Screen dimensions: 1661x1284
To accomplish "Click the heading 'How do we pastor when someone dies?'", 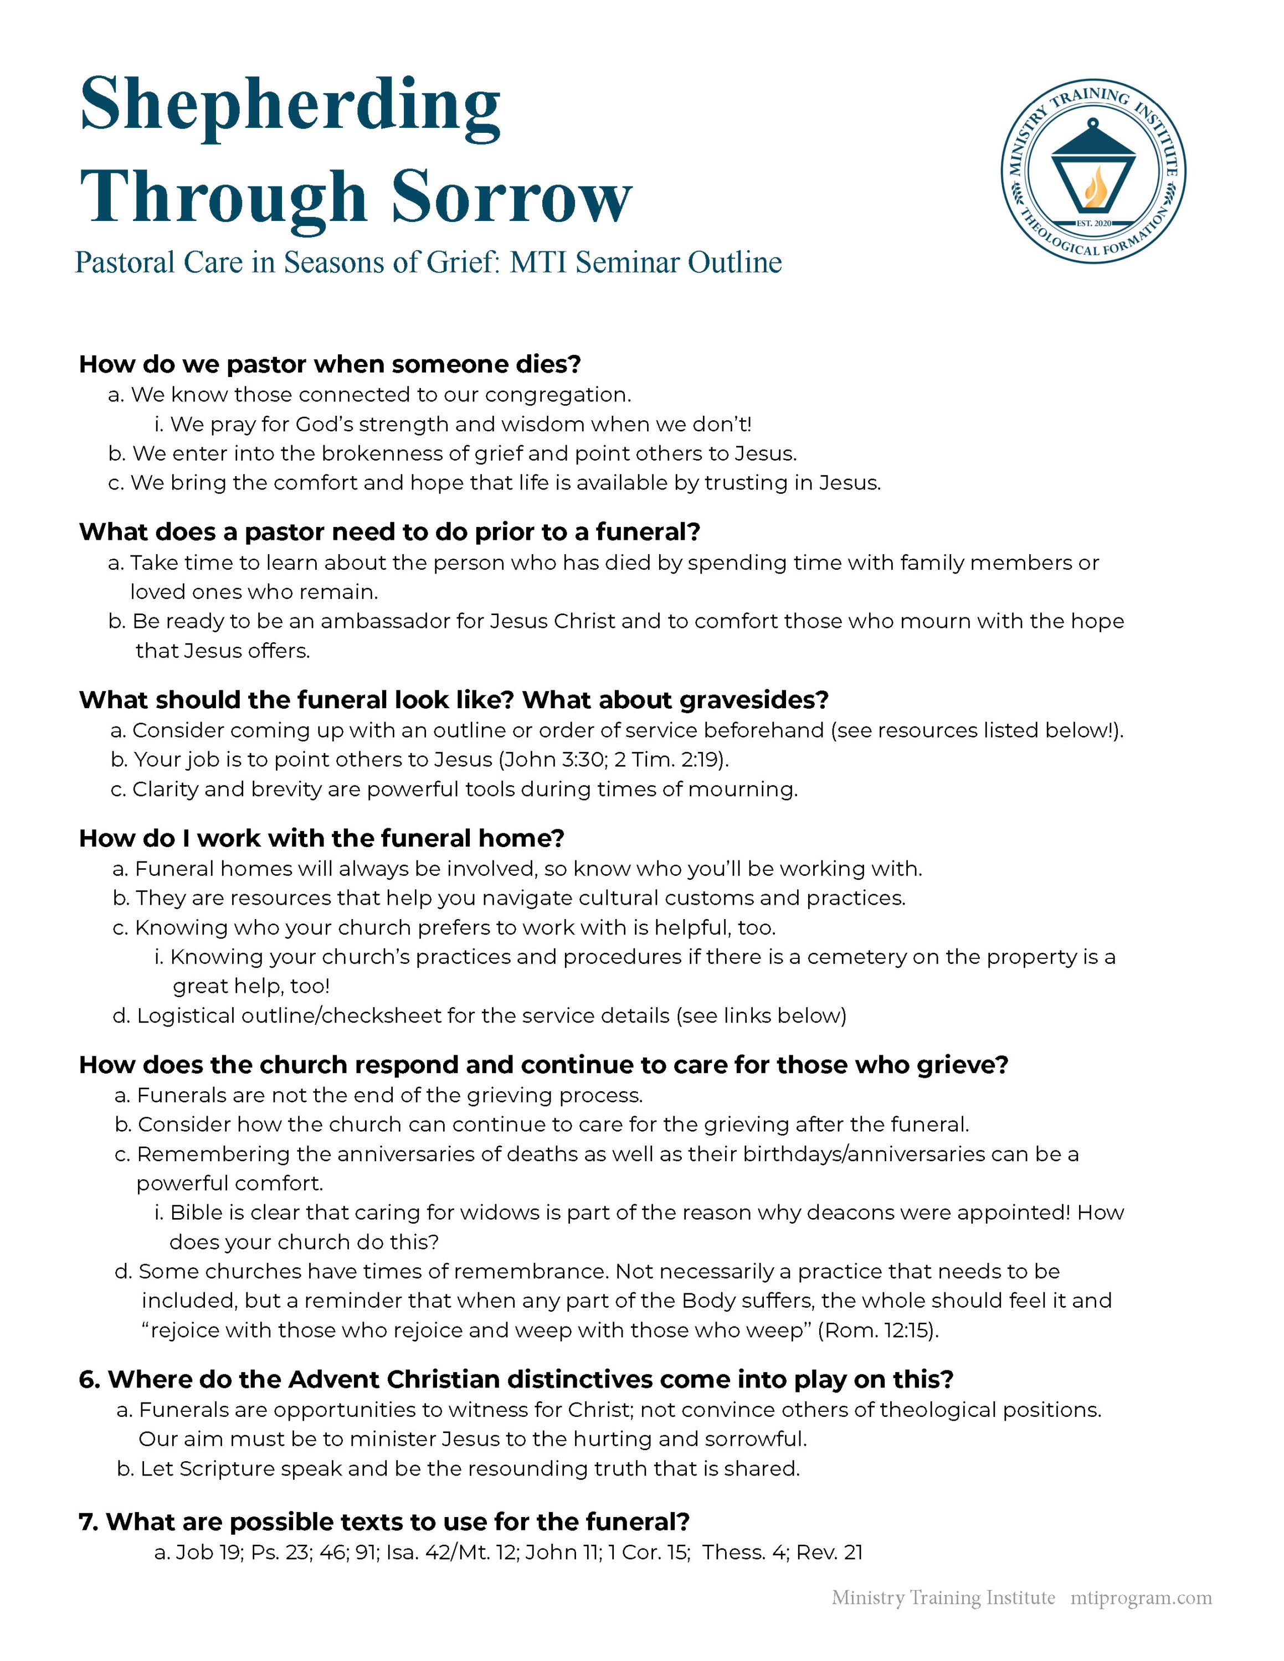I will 330,364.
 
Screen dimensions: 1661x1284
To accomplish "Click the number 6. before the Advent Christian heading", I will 88,1380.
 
